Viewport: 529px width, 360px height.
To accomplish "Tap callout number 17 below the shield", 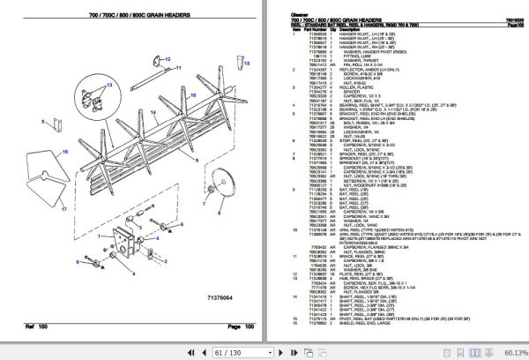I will [x=64, y=210].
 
